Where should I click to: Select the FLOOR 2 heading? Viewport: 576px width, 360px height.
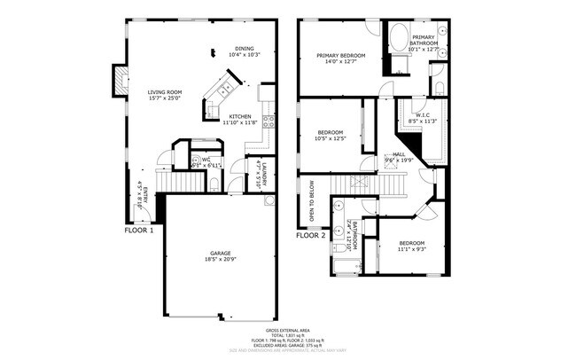point(311,236)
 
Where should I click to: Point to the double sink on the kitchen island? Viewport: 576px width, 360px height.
point(223,89)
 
